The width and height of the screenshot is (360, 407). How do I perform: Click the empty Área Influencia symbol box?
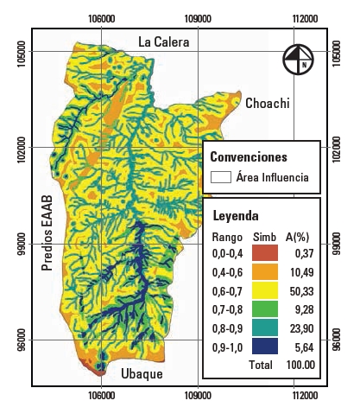[x=221, y=178]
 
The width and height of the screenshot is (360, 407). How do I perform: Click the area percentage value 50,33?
[x=301, y=291]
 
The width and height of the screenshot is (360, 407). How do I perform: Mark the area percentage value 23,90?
[x=301, y=328]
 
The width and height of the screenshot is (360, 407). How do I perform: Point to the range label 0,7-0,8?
[x=227, y=309]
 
